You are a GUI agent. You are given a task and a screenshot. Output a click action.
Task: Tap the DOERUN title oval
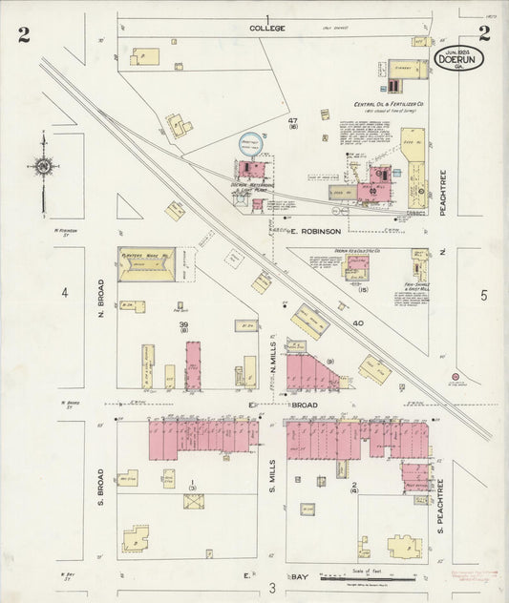[458, 58]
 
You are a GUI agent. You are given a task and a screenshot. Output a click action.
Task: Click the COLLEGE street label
[268, 29]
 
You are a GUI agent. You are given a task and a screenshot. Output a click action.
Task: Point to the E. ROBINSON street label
[313, 231]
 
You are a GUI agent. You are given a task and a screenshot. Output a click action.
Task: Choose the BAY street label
[300, 576]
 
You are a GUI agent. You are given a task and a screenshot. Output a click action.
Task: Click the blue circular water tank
[251, 144]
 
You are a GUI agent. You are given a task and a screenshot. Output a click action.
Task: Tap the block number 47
[293, 119]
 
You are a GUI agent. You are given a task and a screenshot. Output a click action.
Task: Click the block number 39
[183, 325]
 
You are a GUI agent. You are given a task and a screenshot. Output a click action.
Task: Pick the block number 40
[358, 324]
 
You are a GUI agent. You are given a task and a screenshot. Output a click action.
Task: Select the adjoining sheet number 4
[65, 292]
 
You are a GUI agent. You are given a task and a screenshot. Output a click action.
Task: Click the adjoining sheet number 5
[483, 295]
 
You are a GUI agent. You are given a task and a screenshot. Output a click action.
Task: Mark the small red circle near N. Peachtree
[456, 377]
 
